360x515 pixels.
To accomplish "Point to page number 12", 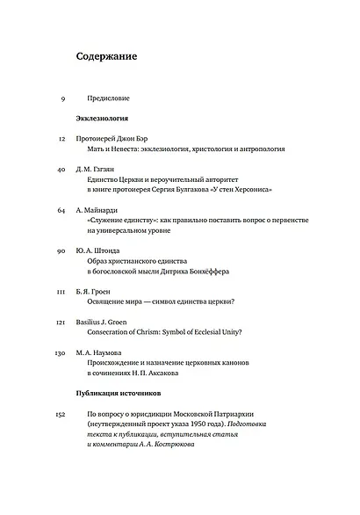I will click(61, 138).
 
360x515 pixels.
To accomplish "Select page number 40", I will click(61, 167).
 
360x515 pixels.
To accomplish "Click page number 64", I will click(61, 211).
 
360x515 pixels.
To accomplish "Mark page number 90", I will click(61, 250).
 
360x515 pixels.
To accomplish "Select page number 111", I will click(61, 290).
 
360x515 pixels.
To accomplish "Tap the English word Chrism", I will click(163, 333).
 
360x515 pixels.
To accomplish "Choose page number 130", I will click(61, 352).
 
